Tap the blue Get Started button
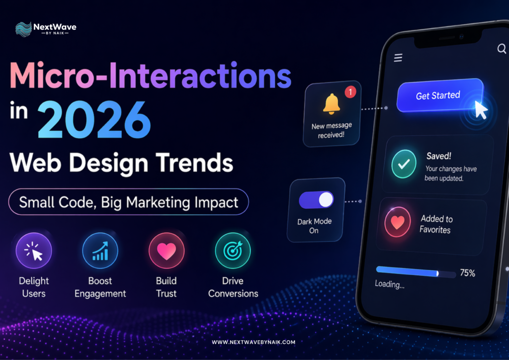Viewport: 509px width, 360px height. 438,95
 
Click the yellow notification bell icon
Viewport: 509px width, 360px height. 332,104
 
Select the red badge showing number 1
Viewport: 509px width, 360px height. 350,91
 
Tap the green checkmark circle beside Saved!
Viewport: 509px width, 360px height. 404,164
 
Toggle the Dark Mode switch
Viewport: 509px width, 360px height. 316,199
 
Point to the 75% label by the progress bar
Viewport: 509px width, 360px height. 467,273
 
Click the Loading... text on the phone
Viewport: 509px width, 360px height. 389,285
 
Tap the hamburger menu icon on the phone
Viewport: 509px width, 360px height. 398,58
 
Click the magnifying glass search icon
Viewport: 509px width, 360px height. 501,49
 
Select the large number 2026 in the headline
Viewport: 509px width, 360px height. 94,121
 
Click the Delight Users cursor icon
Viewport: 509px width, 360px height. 33,251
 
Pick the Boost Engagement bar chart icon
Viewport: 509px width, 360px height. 100,251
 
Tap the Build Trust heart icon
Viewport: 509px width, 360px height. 167,251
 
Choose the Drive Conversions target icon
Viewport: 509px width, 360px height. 233,251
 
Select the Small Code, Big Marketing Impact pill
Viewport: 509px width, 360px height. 128,202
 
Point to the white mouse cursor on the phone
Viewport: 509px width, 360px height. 480,109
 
